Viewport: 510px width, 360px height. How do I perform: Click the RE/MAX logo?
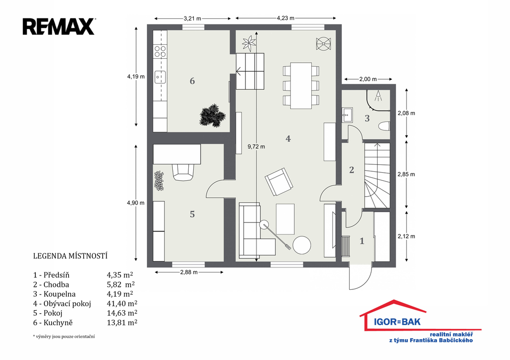59,27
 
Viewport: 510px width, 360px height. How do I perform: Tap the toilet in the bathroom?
384,126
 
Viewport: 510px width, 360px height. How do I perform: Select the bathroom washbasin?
347,115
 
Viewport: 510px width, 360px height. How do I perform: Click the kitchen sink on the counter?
160,77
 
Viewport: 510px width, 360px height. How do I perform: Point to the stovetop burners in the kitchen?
160,51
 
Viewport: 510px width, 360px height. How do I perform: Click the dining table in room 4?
301,85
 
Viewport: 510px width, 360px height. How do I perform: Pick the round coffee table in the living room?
301,245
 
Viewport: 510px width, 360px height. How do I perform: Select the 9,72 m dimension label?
256,147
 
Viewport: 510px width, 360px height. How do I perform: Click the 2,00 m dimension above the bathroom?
368,79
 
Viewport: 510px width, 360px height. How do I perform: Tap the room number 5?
192,214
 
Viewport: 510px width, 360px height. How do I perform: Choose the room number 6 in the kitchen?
192,81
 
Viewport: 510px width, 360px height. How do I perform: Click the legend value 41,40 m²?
122,303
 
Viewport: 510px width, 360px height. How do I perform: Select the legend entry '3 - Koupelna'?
54,294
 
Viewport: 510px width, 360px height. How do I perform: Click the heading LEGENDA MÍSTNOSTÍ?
70,256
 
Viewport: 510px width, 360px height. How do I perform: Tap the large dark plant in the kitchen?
212,115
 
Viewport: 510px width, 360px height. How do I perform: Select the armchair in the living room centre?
279,182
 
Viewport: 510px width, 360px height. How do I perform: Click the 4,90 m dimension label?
135,203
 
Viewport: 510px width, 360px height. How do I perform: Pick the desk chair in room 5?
183,172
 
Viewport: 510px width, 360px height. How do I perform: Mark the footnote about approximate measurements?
64,337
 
